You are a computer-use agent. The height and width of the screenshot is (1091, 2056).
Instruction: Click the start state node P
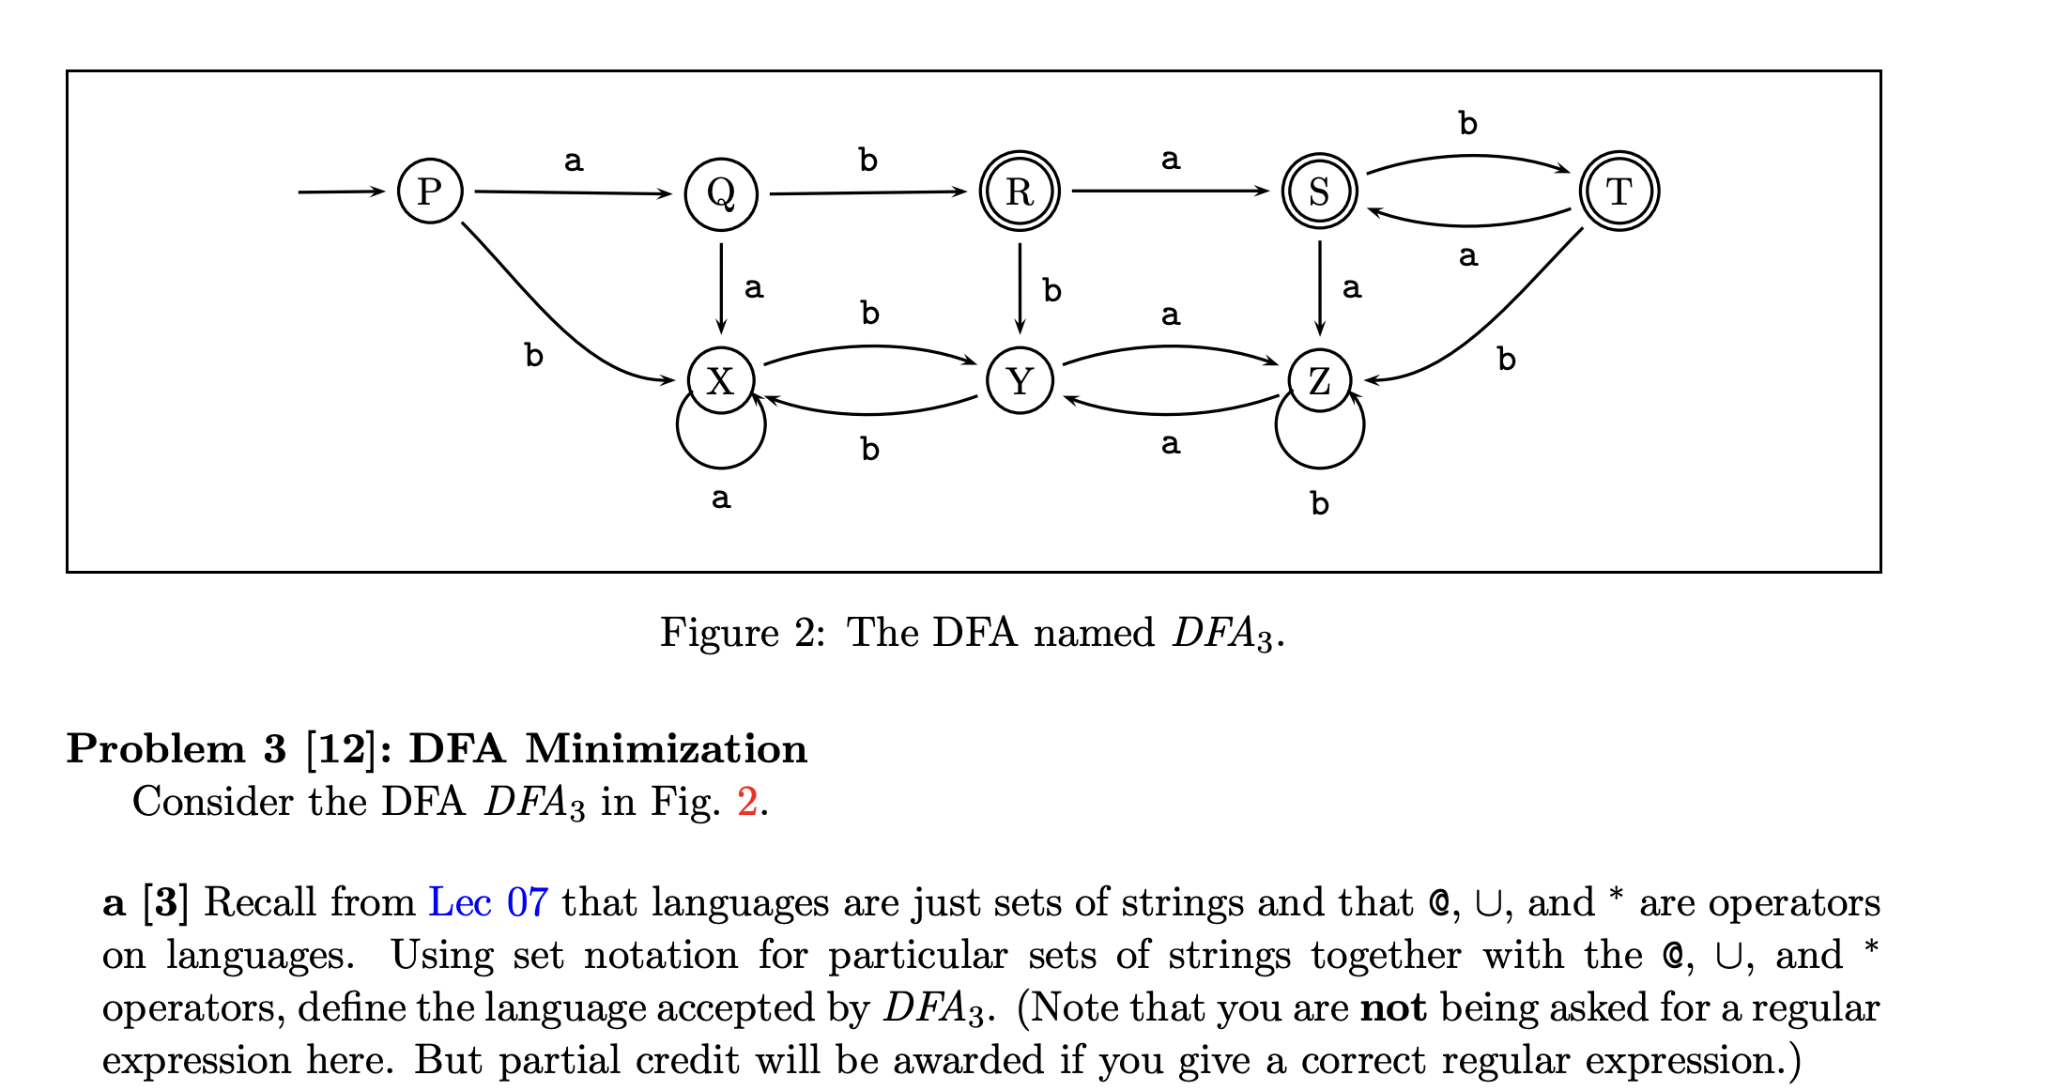click(x=430, y=192)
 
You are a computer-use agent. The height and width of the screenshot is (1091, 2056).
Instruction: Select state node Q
click(x=721, y=193)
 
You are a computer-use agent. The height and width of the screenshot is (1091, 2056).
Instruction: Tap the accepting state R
click(x=1020, y=192)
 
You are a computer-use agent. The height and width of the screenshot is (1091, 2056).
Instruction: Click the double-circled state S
click(x=1319, y=192)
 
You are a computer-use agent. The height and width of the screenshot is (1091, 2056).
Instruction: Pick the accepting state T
click(x=1619, y=192)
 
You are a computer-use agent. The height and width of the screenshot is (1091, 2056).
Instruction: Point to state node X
click(x=720, y=381)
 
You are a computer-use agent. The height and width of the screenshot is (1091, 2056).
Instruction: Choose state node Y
click(x=1020, y=381)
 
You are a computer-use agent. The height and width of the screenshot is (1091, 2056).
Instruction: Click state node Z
click(x=1319, y=381)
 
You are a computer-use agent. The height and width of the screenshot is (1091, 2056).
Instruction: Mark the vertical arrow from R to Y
click(x=1020, y=287)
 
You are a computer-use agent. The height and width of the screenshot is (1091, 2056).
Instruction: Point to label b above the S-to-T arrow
click(x=1467, y=123)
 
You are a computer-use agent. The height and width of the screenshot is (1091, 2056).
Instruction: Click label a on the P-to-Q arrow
click(x=574, y=161)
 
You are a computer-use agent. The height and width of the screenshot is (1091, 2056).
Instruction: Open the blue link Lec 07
click(x=488, y=902)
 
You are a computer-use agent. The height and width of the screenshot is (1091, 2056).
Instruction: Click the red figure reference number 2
click(x=747, y=802)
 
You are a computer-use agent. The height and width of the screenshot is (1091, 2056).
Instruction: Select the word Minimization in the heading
click(x=666, y=749)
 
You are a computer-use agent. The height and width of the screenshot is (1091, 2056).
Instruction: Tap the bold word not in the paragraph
click(x=1393, y=1007)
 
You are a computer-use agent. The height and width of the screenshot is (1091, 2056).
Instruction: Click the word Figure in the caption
click(x=719, y=632)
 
